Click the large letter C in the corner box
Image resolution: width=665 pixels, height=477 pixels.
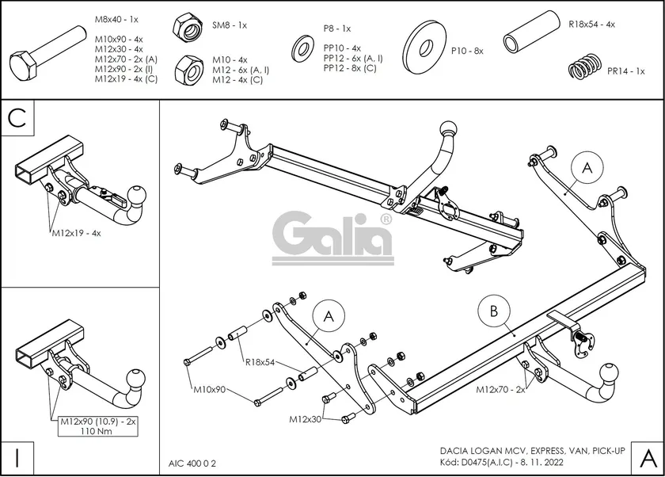[x=20, y=118]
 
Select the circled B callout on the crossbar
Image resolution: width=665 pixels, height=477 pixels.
[x=494, y=311]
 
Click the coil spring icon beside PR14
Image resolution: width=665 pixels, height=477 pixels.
[x=584, y=67]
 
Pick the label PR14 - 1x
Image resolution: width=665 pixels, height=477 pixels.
[x=625, y=71]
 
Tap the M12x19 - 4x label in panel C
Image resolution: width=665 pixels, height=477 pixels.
[x=77, y=234]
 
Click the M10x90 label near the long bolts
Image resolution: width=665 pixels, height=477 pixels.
[x=210, y=389]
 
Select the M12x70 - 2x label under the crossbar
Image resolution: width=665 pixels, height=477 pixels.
[x=500, y=390]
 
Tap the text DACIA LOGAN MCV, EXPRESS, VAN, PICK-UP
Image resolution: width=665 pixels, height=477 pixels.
[x=530, y=450]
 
